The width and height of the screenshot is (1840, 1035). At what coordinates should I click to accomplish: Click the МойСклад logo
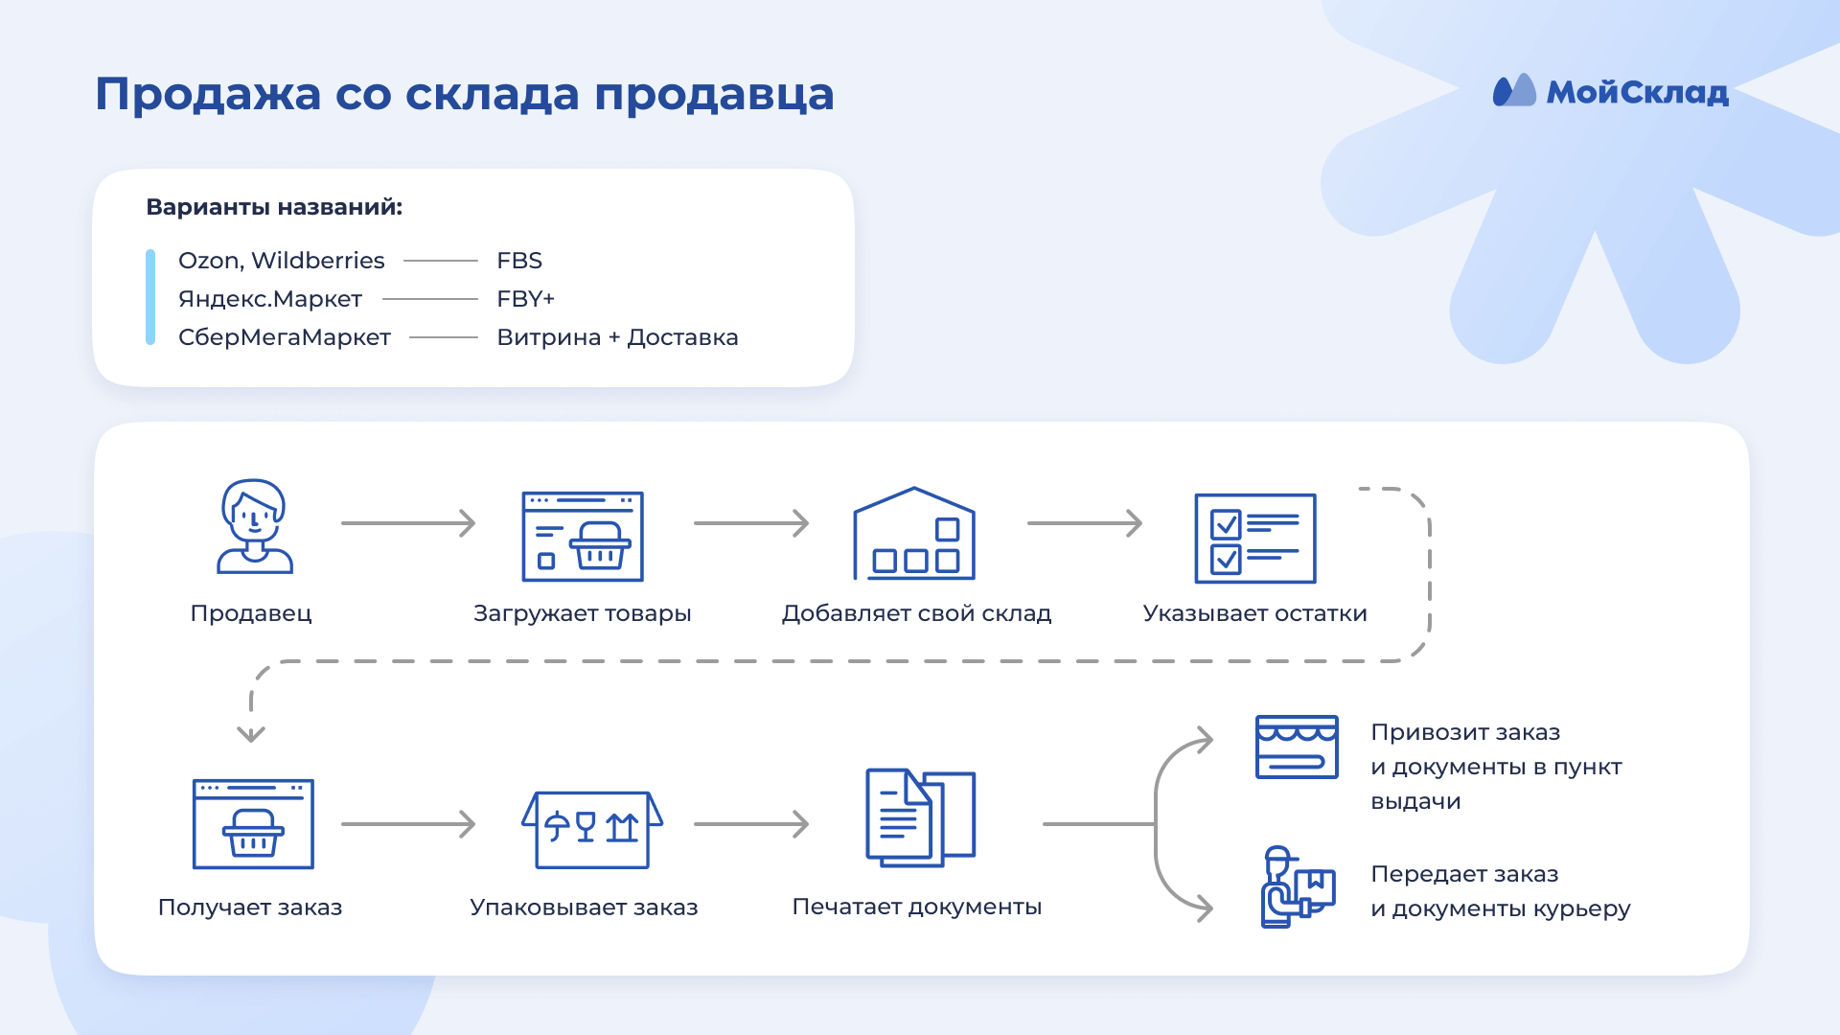pos(1610,92)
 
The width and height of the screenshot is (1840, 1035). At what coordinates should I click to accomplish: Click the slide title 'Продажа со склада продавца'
pos(465,94)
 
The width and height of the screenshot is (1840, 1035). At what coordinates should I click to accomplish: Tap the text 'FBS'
pos(519,261)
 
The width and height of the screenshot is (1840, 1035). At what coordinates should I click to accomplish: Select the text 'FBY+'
pos(525,299)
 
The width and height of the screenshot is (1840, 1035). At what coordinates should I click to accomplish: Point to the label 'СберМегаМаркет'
pos(285,337)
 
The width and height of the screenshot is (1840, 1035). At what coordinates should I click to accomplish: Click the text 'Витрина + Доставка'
pos(617,337)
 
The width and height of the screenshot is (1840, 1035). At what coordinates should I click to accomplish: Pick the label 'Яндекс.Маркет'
pos(270,299)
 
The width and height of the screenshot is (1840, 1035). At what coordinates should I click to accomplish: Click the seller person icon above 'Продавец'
pos(254,526)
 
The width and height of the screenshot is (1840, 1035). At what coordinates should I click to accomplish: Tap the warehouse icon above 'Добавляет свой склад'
pos(914,534)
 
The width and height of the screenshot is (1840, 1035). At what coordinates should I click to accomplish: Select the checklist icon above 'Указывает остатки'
pos(1254,538)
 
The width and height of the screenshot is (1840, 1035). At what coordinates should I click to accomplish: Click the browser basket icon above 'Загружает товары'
pos(583,537)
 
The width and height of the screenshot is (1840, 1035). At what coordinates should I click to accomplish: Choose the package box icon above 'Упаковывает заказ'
pos(592,829)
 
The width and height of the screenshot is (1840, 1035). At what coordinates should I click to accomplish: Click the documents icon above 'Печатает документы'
pos(920,817)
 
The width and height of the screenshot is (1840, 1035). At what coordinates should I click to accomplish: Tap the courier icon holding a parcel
pos(1296,887)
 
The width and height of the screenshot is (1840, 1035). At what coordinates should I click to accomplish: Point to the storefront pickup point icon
pos(1297,747)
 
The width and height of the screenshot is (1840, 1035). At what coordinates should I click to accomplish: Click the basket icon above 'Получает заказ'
pos(253,824)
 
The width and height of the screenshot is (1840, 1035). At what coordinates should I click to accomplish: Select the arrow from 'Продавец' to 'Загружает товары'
pos(408,523)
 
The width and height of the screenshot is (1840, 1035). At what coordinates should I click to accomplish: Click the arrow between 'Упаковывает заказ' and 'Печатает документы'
pos(751,824)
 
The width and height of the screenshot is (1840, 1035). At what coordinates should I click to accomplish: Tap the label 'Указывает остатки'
pos(1254,613)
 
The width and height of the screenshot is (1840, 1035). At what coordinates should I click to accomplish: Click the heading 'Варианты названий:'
pos(274,207)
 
